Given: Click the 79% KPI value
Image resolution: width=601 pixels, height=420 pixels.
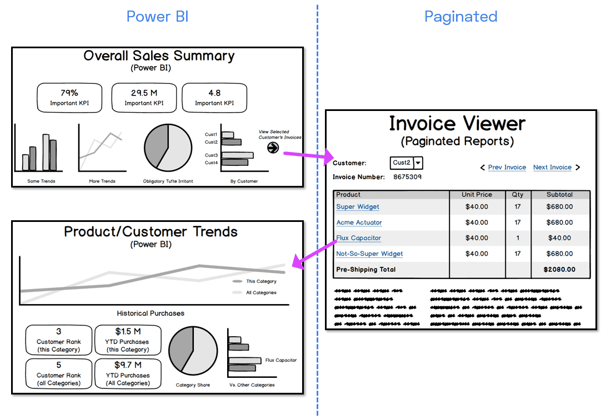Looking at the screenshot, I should [x=69, y=93].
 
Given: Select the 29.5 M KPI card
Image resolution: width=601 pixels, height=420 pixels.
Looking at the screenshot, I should [x=144, y=98].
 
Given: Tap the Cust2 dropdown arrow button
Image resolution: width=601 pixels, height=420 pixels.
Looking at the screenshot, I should [x=418, y=163].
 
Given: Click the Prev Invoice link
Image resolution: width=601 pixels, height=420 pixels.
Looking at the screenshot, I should [x=507, y=168].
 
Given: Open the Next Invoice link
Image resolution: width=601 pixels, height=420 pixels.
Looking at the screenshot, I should [x=552, y=168].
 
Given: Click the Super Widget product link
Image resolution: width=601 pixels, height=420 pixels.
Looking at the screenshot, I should [x=358, y=207].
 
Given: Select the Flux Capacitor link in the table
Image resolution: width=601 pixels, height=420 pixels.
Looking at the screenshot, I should [x=359, y=238].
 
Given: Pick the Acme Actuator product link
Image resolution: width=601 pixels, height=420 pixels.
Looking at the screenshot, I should [x=359, y=222].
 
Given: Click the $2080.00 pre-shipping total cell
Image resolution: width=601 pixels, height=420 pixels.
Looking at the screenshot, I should [x=559, y=270].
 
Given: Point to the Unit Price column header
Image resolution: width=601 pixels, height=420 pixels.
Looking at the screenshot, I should [x=477, y=195].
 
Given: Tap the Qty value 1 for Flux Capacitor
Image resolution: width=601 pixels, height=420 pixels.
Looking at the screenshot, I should [x=518, y=238].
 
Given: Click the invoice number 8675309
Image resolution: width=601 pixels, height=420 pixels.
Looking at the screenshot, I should [x=407, y=178].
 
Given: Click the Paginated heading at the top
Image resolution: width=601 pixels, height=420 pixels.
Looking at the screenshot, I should [x=460, y=17].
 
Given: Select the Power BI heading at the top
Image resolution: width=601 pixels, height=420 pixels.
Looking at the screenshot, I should [x=157, y=17].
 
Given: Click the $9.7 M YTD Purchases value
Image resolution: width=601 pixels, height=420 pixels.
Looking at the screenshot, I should [x=128, y=365].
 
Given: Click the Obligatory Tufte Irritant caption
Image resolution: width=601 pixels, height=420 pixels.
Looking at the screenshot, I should [x=168, y=181].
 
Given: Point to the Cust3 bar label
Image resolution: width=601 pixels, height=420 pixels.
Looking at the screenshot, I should [x=211, y=155].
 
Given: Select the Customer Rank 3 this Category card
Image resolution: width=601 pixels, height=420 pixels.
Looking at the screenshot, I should [x=58, y=340].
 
